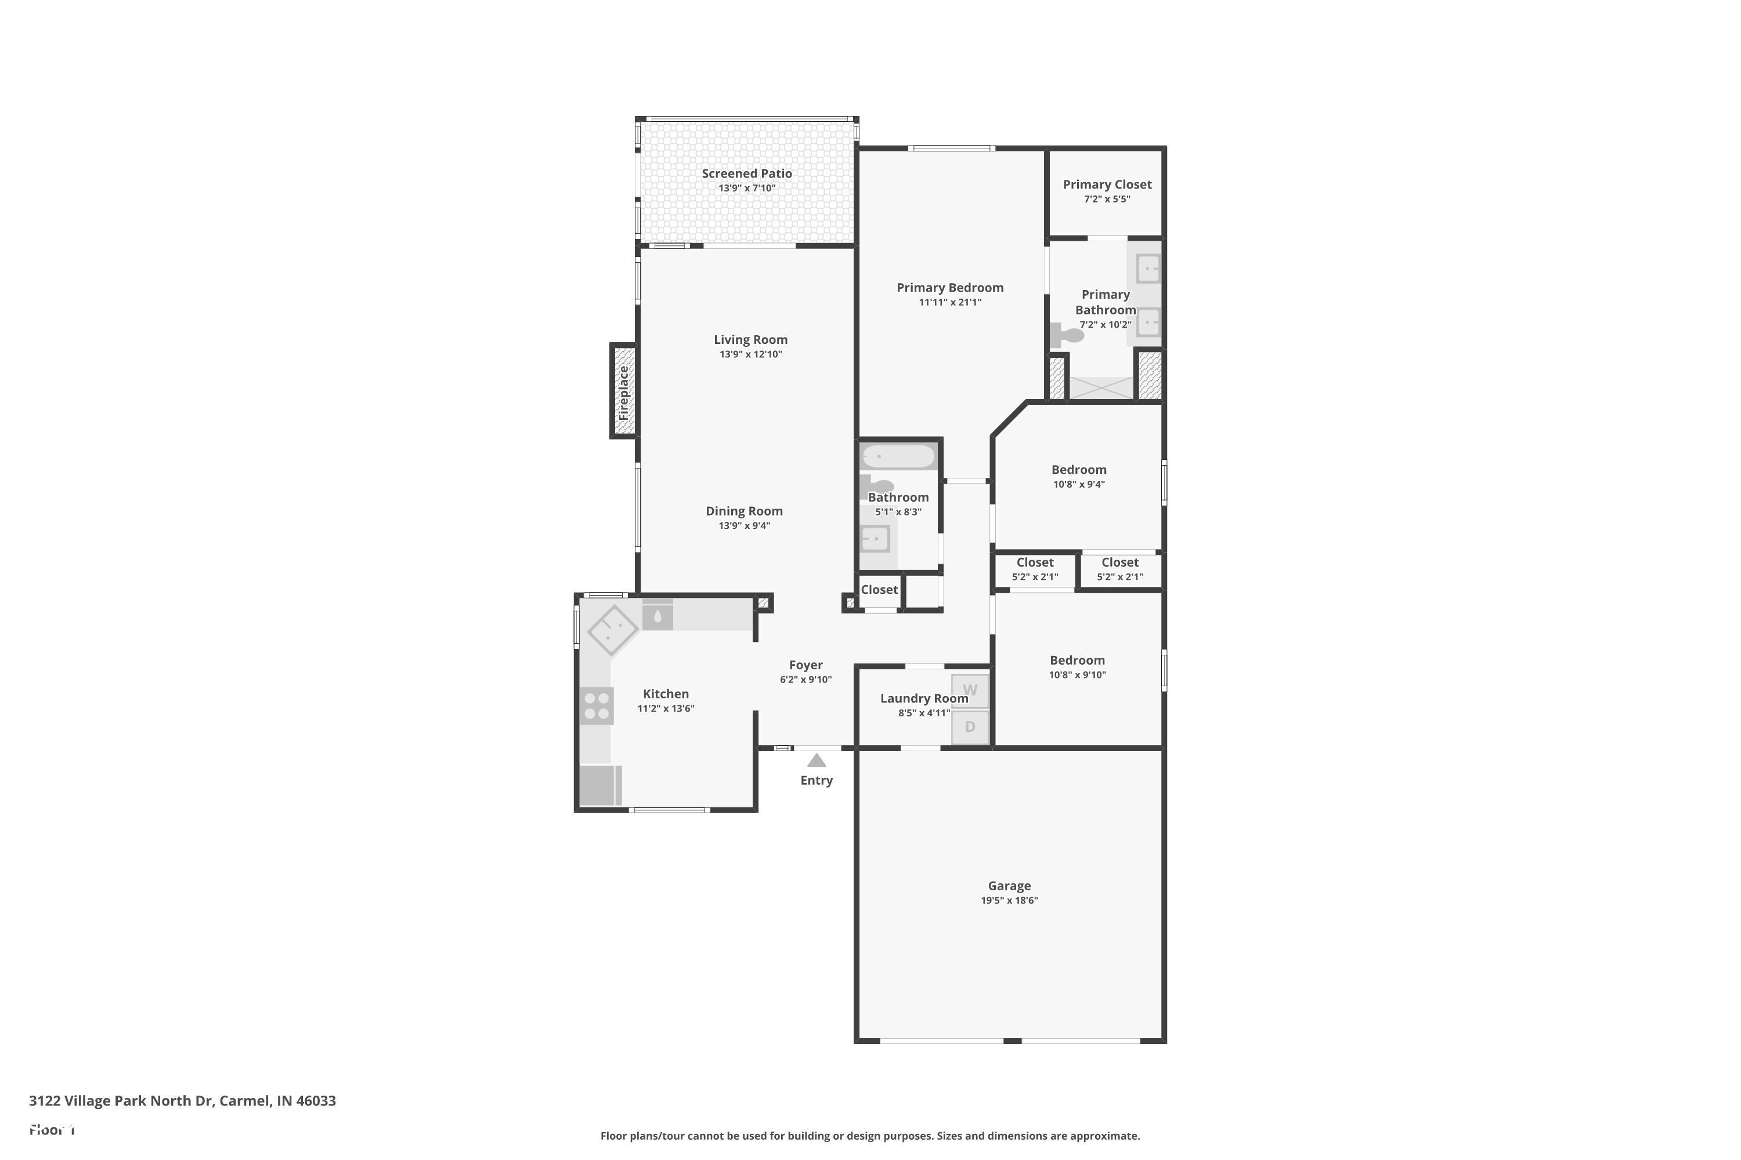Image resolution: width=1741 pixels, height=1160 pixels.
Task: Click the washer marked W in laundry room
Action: pos(970,690)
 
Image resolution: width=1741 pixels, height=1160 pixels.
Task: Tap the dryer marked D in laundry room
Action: pos(970,727)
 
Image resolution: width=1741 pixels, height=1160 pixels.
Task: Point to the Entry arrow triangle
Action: pos(817,760)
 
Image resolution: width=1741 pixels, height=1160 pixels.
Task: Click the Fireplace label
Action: pos(623,393)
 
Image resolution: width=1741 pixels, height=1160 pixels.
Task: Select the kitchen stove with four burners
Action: pos(597,705)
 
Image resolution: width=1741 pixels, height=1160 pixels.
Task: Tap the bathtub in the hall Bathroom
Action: pos(898,456)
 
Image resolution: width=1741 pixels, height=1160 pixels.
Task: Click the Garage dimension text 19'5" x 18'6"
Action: pos(1009,900)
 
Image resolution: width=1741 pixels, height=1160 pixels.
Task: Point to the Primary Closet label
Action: pos(1107,185)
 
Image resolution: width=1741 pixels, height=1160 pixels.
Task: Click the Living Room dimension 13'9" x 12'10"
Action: pos(750,354)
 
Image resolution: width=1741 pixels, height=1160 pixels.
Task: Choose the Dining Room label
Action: pos(744,511)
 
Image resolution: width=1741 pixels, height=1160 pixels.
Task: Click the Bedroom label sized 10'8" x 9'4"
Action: pos(1078,470)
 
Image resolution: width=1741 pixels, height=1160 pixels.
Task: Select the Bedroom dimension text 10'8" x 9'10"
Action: pos(1077,675)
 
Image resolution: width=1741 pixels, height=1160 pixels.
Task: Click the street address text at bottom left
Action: pos(182,1101)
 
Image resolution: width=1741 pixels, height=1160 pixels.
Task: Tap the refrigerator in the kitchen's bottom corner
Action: pos(599,785)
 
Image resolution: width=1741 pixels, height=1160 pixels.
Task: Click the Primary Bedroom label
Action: pos(949,288)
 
